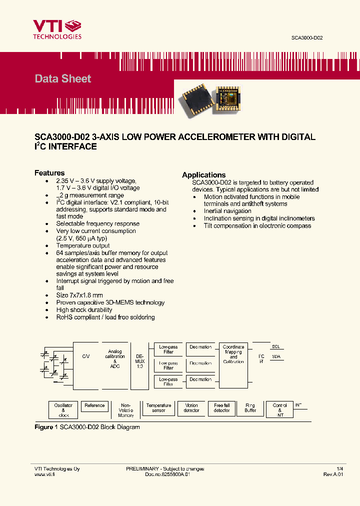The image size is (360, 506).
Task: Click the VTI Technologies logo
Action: tap(57, 29)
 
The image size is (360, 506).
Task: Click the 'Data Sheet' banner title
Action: tap(63, 78)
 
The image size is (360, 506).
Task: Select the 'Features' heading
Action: tap(49, 173)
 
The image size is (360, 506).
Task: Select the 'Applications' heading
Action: tap(203, 175)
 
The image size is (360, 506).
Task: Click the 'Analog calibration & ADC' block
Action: tap(115, 359)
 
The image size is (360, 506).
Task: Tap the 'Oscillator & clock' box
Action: tap(63, 410)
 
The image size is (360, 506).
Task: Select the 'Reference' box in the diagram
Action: tap(94, 406)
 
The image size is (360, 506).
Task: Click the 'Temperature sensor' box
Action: tap(158, 408)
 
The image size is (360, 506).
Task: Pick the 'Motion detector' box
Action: tap(191, 408)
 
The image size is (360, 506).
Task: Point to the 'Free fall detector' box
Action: tap(221, 408)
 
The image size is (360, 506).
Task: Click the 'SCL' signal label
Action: tap(275, 346)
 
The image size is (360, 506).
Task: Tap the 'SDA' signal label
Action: tap(276, 356)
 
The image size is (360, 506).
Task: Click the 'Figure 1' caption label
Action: tap(43, 427)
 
